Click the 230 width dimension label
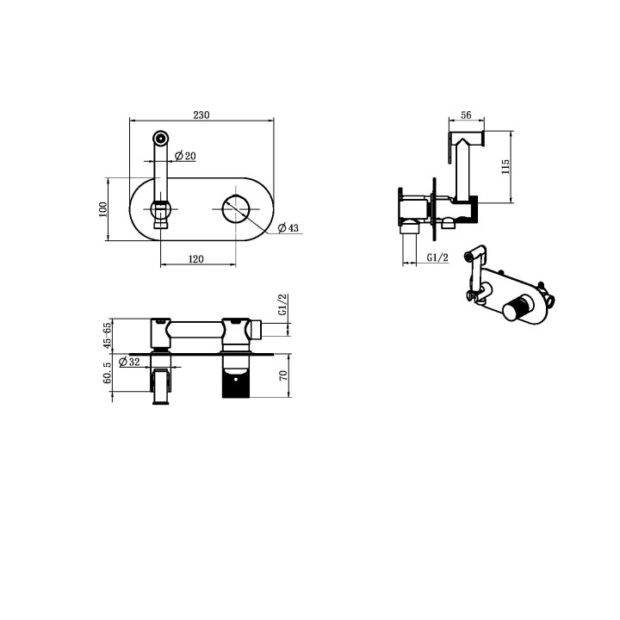201,115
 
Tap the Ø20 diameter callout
185,156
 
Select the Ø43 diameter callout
288,227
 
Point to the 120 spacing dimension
195,259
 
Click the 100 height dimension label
102,209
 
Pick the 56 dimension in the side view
466,115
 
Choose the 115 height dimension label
505,167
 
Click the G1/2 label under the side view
437,257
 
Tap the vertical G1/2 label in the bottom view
282,305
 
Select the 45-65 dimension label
107,336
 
